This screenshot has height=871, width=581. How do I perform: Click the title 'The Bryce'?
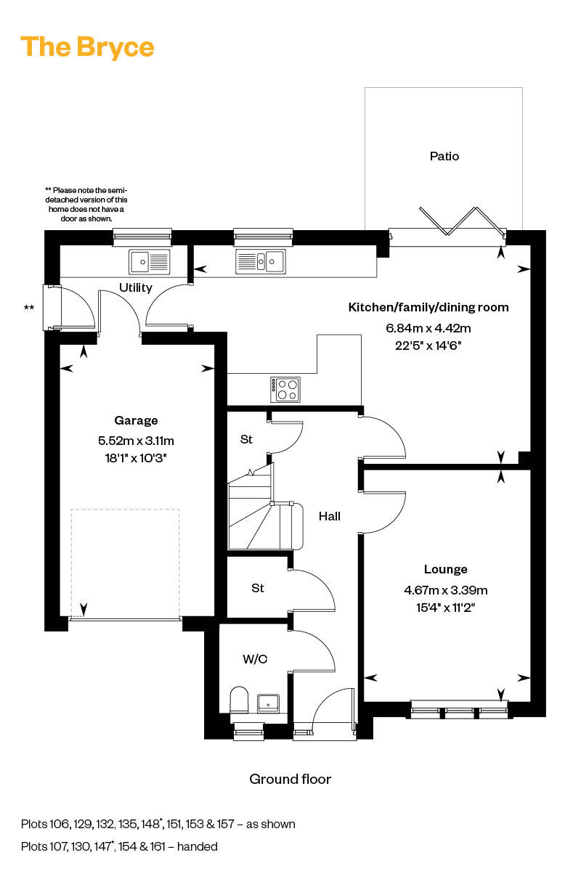[x=87, y=47]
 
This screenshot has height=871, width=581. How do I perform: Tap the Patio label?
[x=444, y=156]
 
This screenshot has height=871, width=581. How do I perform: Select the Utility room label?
[x=136, y=287]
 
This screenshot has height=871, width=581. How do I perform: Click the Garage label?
[x=136, y=420]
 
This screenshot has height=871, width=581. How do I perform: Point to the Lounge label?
[x=445, y=569]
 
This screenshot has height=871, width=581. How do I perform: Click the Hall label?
[x=330, y=516]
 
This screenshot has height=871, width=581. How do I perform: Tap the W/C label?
[x=255, y=659]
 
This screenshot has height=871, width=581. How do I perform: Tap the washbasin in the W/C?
[x=269, y=702]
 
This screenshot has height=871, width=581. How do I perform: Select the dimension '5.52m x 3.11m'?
[x=136, y=440]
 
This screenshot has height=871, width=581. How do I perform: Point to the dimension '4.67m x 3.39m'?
[x=445, y=589]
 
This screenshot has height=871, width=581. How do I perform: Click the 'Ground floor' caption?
[x=290, y=779]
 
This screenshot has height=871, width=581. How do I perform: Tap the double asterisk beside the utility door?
[x=28, y=308]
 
